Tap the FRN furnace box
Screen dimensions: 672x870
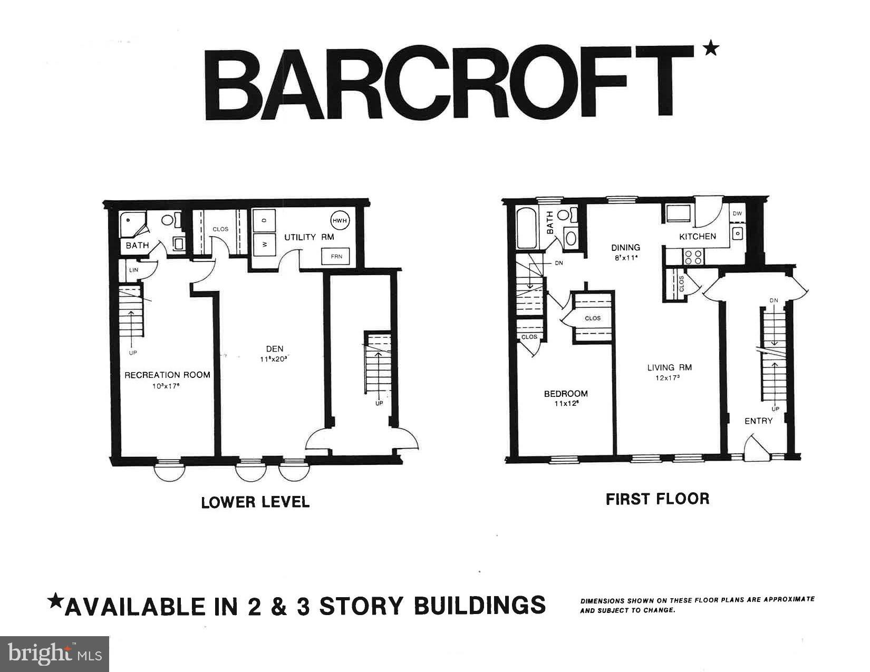click(x=336, y=257)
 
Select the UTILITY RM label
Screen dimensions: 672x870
click(x=309, y=237)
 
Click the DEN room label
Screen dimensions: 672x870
click(x=274, y=348)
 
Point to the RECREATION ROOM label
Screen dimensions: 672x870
click(x=167, y=375)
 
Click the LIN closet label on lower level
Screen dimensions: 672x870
click(x=134, y=270)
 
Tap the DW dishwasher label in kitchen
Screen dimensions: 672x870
click(x=738, y=213)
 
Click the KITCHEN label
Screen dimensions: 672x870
click(x=697, y=237)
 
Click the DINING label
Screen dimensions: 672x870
click(x=625, y=247)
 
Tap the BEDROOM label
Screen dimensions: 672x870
click(x=566, y=394)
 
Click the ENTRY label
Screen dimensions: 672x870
click(x=758, y=421)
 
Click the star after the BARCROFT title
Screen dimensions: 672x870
click(x=711, y=49)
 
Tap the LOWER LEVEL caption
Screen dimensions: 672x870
click(x=255, y=502)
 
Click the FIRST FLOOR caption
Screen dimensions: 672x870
click(x=657, y=499)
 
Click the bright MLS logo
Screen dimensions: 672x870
click(x=55, y=654)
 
